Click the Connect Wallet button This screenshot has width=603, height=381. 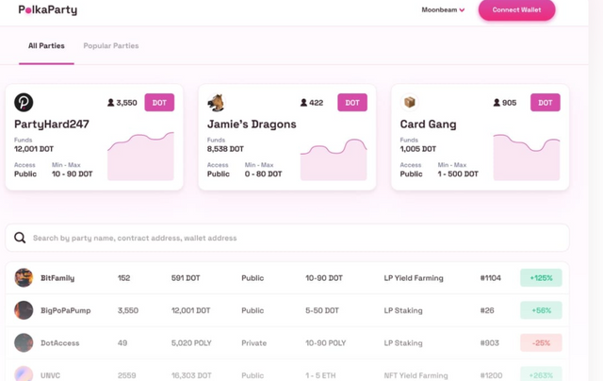516,10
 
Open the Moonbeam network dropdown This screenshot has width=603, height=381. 443,10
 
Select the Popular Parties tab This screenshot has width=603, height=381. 110,45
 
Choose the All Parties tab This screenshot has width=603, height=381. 46,45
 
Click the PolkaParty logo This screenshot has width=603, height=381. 48,10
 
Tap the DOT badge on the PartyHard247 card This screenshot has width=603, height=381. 159,103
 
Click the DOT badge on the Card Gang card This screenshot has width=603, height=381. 546,103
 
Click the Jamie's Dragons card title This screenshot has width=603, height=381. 252,124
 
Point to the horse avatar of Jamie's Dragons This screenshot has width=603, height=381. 217,103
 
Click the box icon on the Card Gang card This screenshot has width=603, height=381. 410,103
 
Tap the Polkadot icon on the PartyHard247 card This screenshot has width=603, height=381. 24,103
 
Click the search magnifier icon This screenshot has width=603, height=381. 20,238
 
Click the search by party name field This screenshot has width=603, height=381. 283,238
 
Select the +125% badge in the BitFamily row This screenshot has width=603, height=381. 541,278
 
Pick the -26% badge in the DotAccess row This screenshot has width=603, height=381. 541,342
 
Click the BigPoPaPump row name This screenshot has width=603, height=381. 66,310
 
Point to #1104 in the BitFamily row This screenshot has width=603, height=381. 490,278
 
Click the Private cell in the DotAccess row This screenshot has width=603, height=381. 253,343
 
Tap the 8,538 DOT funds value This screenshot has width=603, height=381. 225,149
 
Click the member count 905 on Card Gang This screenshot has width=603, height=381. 509,103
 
